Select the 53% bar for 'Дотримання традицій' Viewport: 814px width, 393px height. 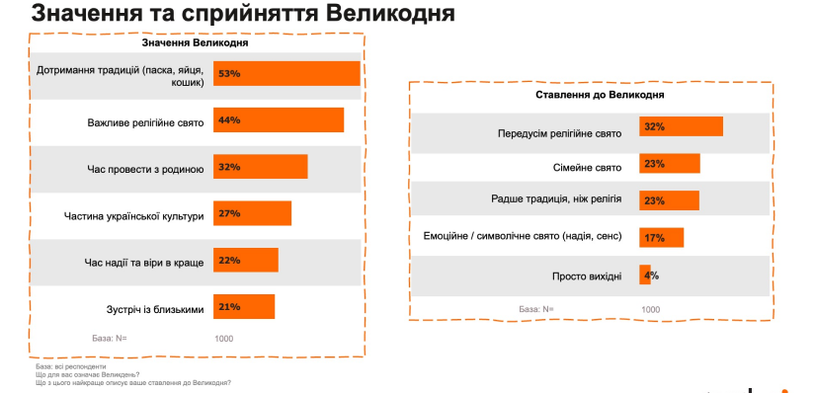[285, 74]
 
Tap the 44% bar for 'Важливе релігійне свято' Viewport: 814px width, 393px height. [278, 120]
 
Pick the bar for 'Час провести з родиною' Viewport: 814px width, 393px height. [260, 167]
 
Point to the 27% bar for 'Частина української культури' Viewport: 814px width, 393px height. [252, 213]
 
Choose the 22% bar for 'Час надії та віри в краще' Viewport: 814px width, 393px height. [246, 260]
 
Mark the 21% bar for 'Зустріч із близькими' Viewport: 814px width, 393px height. [244, 307]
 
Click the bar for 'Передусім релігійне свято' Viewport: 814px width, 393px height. [681, 127]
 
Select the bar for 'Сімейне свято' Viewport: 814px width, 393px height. [669, 163]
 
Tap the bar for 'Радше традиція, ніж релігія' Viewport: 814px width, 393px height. [669, 199]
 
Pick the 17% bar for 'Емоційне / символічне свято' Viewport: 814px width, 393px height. [661, 237]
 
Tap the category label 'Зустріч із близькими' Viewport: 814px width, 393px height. [154, 308]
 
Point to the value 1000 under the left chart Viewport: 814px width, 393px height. [224, 339]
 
